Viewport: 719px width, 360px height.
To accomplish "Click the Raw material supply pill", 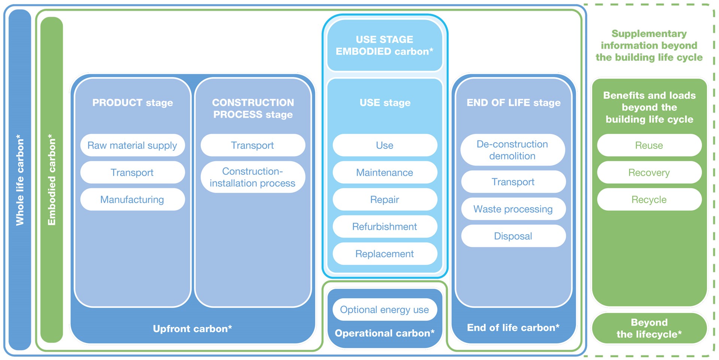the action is point(132,145).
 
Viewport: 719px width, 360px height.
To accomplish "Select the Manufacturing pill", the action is point(132,199).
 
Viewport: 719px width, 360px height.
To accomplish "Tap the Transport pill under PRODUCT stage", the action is point(132,173).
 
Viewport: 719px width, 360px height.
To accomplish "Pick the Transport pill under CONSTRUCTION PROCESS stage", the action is point(253,145).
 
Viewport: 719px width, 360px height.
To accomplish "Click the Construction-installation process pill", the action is point(253,177).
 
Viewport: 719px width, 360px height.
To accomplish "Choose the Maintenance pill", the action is point(385,173).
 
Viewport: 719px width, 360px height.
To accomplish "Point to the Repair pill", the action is point(385,199).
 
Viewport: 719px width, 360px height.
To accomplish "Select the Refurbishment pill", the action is point(385,227).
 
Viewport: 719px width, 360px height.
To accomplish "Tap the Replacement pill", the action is point(385,254).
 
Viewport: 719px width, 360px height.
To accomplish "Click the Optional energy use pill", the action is point(385,309).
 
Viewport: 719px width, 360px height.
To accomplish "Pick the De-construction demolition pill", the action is point(513,150).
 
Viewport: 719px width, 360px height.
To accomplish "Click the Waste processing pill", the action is point(513,209).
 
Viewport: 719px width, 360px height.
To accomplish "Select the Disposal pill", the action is point(513,236).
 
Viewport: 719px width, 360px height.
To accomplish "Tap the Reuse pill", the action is point(649,145).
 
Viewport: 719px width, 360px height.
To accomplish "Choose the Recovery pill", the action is point(649,173).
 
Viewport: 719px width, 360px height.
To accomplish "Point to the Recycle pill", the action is point(649,199).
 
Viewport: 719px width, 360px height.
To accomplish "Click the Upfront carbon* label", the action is point(192,329).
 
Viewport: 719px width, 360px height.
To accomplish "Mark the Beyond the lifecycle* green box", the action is point(649,328).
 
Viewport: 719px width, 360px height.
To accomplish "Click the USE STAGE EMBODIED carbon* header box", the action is point(385,45).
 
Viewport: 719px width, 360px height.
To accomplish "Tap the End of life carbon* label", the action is point(513,327).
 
